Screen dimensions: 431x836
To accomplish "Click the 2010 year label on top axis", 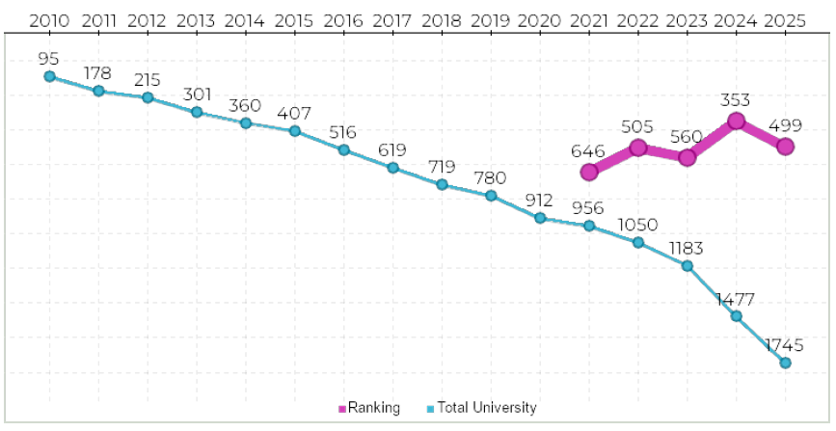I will [49, 19].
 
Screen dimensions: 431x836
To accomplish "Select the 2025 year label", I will [785, 19].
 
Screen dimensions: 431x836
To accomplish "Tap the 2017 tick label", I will [392, 19].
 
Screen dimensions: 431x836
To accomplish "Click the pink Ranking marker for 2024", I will [737, 121].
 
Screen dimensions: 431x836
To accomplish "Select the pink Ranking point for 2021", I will [589, 173].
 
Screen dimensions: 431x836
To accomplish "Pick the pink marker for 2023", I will [688, 157].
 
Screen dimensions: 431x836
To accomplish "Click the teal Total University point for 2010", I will [49, 76].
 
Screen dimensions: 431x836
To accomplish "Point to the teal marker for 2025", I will [785, 363].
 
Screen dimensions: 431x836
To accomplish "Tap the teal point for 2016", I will [343, 149].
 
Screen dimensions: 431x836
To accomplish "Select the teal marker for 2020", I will [540, 218].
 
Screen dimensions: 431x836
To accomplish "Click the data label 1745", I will [785, 344].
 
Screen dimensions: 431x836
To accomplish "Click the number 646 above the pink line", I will [587, 151].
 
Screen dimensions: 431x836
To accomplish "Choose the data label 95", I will [49, 58].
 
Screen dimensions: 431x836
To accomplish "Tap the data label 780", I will [490, 177].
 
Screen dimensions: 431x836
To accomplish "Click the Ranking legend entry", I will [369, 408].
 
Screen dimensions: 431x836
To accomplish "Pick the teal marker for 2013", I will [197, 112].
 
